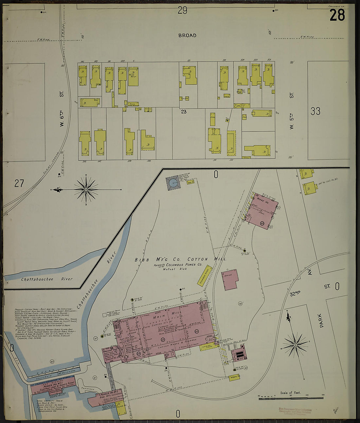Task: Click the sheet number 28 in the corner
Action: coord(337,15)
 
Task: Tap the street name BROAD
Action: coord(187,35)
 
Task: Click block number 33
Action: coord(315,111)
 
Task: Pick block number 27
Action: coord(19,183)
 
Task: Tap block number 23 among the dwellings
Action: coord(184,111)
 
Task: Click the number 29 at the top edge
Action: coord(182,11)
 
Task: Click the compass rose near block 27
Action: coord(86,189)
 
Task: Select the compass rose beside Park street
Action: coord(296,345)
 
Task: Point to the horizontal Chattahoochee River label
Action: coord(47,279)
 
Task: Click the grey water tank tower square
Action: coord(173,184)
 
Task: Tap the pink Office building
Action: coord(231,279)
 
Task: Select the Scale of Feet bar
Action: coord(291,398)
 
